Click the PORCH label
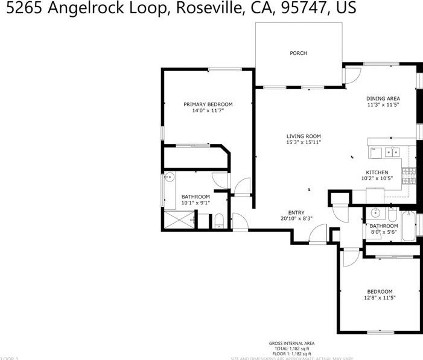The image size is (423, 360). point(298,53)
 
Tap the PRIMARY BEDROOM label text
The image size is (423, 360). point(208,104)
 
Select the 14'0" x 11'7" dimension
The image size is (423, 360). point(208,111)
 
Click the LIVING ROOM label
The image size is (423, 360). point(303,136)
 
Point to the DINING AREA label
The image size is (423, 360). point(383,98)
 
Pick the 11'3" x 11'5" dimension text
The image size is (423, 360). point(383,105)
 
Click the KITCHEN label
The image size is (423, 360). point(377,172)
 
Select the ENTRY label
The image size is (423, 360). point(296,212)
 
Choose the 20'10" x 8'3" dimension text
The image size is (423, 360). point(296,218)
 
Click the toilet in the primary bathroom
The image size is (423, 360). point(220,221)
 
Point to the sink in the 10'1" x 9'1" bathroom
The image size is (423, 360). point(170,177)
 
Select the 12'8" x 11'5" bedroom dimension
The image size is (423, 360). point(380,297)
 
